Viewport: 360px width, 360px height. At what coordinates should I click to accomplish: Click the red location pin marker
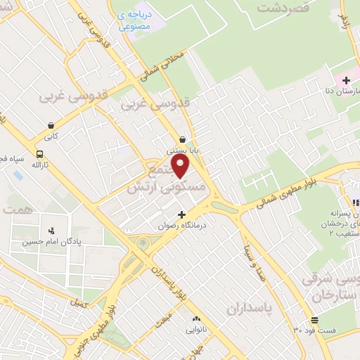(x=181, y=167)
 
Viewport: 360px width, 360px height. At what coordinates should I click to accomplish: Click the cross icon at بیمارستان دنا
(x=347, y=80)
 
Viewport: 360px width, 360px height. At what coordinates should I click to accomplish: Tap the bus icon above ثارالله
(x=39, y=154)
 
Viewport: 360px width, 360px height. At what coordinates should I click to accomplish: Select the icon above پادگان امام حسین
(x=51, y=229)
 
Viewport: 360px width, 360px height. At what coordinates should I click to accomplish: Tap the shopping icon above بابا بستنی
(x=183, y=139)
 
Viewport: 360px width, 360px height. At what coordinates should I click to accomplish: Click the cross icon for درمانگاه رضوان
(x=181, y=214)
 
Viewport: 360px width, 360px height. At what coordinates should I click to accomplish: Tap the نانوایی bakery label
(x=195, y=329)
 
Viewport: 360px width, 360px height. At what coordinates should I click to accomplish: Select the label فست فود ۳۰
(x=315, y=329)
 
